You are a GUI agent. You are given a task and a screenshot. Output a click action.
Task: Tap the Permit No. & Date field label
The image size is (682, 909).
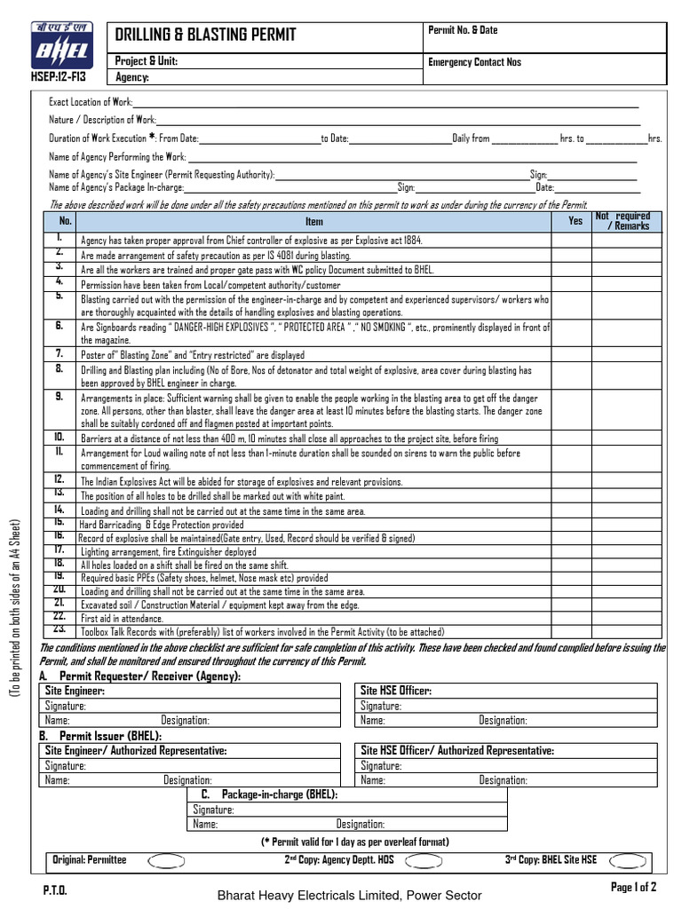coord(463,30)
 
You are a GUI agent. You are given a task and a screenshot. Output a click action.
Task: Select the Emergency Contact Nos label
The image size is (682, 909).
coord(474,62)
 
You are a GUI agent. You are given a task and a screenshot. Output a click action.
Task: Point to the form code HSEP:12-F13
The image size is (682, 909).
coord(59,78)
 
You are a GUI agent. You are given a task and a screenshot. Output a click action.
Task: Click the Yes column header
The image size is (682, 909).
coord(575,221)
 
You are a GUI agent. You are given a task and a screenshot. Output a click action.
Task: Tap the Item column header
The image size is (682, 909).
coord(314,222)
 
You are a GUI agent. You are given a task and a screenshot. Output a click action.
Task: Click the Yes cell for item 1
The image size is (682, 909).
coord(575,240)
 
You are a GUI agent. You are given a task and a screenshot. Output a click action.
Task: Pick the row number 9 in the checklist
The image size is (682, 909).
coord(59,397)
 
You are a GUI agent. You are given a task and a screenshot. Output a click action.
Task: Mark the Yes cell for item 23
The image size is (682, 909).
coord(575,631)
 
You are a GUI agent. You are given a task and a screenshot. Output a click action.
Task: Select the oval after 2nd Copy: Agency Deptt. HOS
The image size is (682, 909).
coord(423,860)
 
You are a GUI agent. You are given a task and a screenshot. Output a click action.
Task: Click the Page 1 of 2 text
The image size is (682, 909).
coord(633,886)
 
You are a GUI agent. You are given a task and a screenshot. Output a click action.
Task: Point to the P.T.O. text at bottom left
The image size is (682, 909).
coord(54,889)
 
